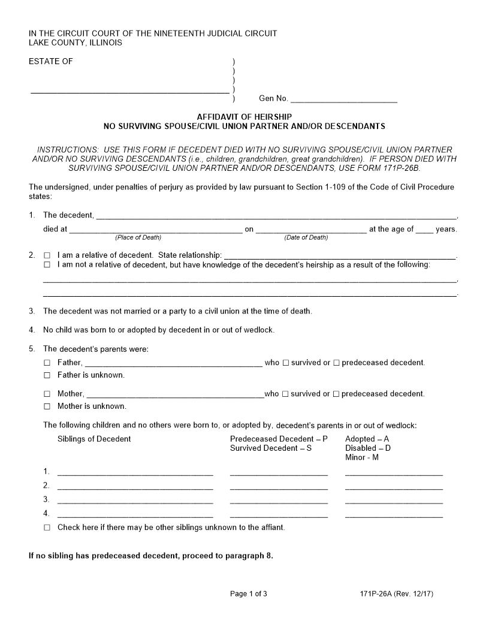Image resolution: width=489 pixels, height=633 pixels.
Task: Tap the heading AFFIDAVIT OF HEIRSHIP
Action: coord(244,117)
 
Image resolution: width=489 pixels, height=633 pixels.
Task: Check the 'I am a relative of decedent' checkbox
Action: coord(47,255)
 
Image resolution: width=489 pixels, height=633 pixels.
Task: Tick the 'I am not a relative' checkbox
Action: coord(47,264)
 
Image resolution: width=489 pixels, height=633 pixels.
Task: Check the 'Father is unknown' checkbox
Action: coord(47,375)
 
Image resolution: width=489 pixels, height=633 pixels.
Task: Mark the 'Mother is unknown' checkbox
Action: coord(47,406)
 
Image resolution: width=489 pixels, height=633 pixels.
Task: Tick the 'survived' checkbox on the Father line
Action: coord(286,363)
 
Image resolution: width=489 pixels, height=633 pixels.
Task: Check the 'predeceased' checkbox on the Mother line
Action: coord(336,394)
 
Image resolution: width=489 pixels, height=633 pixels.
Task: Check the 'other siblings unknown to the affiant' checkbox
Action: coord(47,528)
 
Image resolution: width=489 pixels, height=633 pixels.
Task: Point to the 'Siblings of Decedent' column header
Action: coord(94,439)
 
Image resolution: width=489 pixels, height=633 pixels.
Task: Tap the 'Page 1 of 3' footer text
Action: coord(249,594)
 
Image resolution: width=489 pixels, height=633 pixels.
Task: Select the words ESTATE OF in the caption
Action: coord(51,61)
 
